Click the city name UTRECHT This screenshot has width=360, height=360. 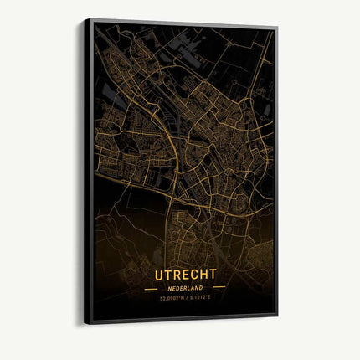click(185, 274)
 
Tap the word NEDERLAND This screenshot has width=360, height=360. click(185, 287)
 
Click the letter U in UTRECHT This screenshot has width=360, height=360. click(158, 274)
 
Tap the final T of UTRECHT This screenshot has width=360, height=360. click(213, 274)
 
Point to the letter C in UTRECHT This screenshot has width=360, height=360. click(194, 274)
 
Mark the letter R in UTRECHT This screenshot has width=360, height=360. click(177, 274)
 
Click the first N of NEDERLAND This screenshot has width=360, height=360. click(169, 287)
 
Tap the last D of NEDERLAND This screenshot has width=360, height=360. click(202, 287)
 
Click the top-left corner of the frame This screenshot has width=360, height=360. click(85, 18)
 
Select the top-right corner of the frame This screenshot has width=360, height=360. click(277, 28)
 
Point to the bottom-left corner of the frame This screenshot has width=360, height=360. click(85, 323)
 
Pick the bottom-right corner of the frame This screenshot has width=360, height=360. click(277, 316)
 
